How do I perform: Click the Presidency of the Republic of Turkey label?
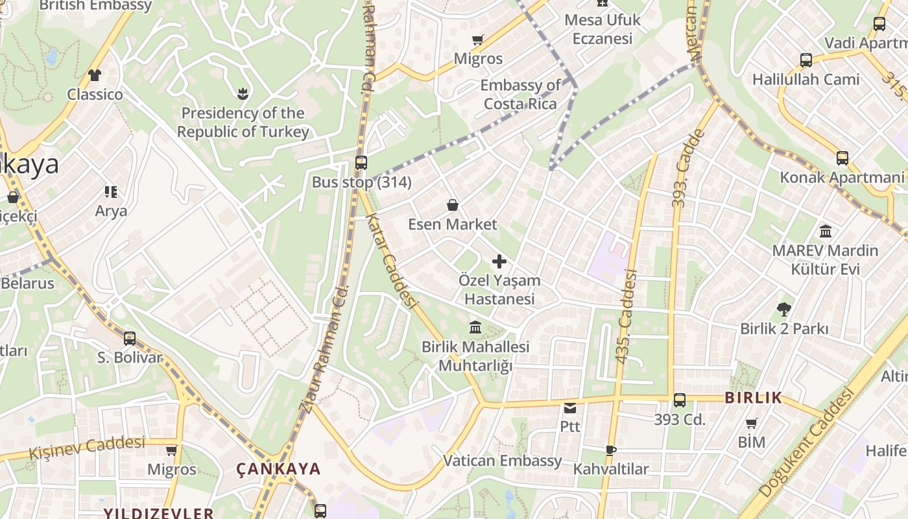(x=243, y=123)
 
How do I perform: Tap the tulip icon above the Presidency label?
(x=243, y=93)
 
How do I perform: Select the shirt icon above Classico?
(x=95, y=75)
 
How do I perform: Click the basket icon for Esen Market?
(x=453, y=206)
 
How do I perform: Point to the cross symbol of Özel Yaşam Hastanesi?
(x=499, y=261)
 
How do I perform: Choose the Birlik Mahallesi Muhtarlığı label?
(x=475, y=356)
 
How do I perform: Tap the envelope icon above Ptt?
(x=570, y=408)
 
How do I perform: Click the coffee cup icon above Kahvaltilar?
(x=610, y=450)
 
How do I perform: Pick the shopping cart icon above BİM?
(x=751, y=424)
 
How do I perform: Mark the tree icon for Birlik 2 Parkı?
(x=783, y=309)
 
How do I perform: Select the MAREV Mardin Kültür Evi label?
(x=825, y=259)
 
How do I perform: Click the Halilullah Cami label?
(x=806, y=80)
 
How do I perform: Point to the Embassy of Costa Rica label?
(x=520, y=95)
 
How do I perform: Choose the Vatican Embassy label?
(x=503, y=461)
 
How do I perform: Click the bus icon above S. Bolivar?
(x=130, y=338)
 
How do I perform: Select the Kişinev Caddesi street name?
(x=87, y=447)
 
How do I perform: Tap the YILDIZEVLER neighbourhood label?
(x=158, y=513)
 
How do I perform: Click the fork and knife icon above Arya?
(x=111, y=192)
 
